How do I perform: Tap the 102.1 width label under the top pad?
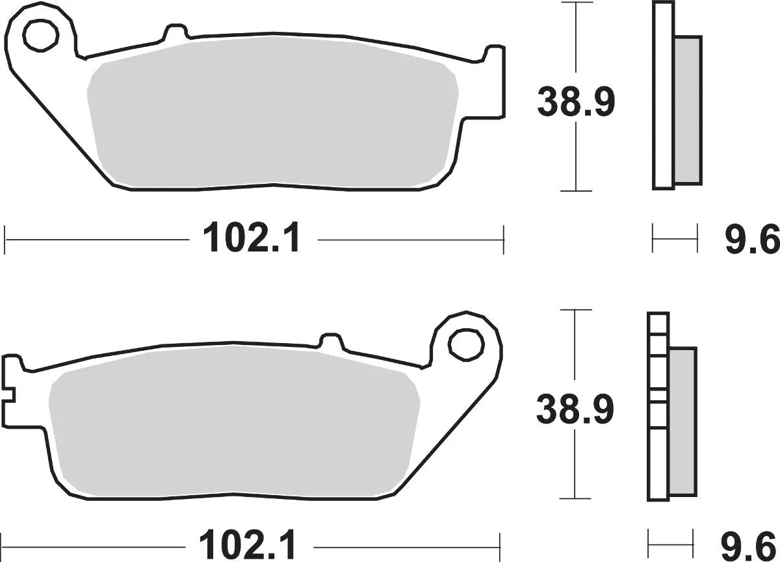252,239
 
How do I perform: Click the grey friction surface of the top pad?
273,117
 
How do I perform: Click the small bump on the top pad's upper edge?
174,32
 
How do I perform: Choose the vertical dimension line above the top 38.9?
576,39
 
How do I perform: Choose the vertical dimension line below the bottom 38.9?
576,465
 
